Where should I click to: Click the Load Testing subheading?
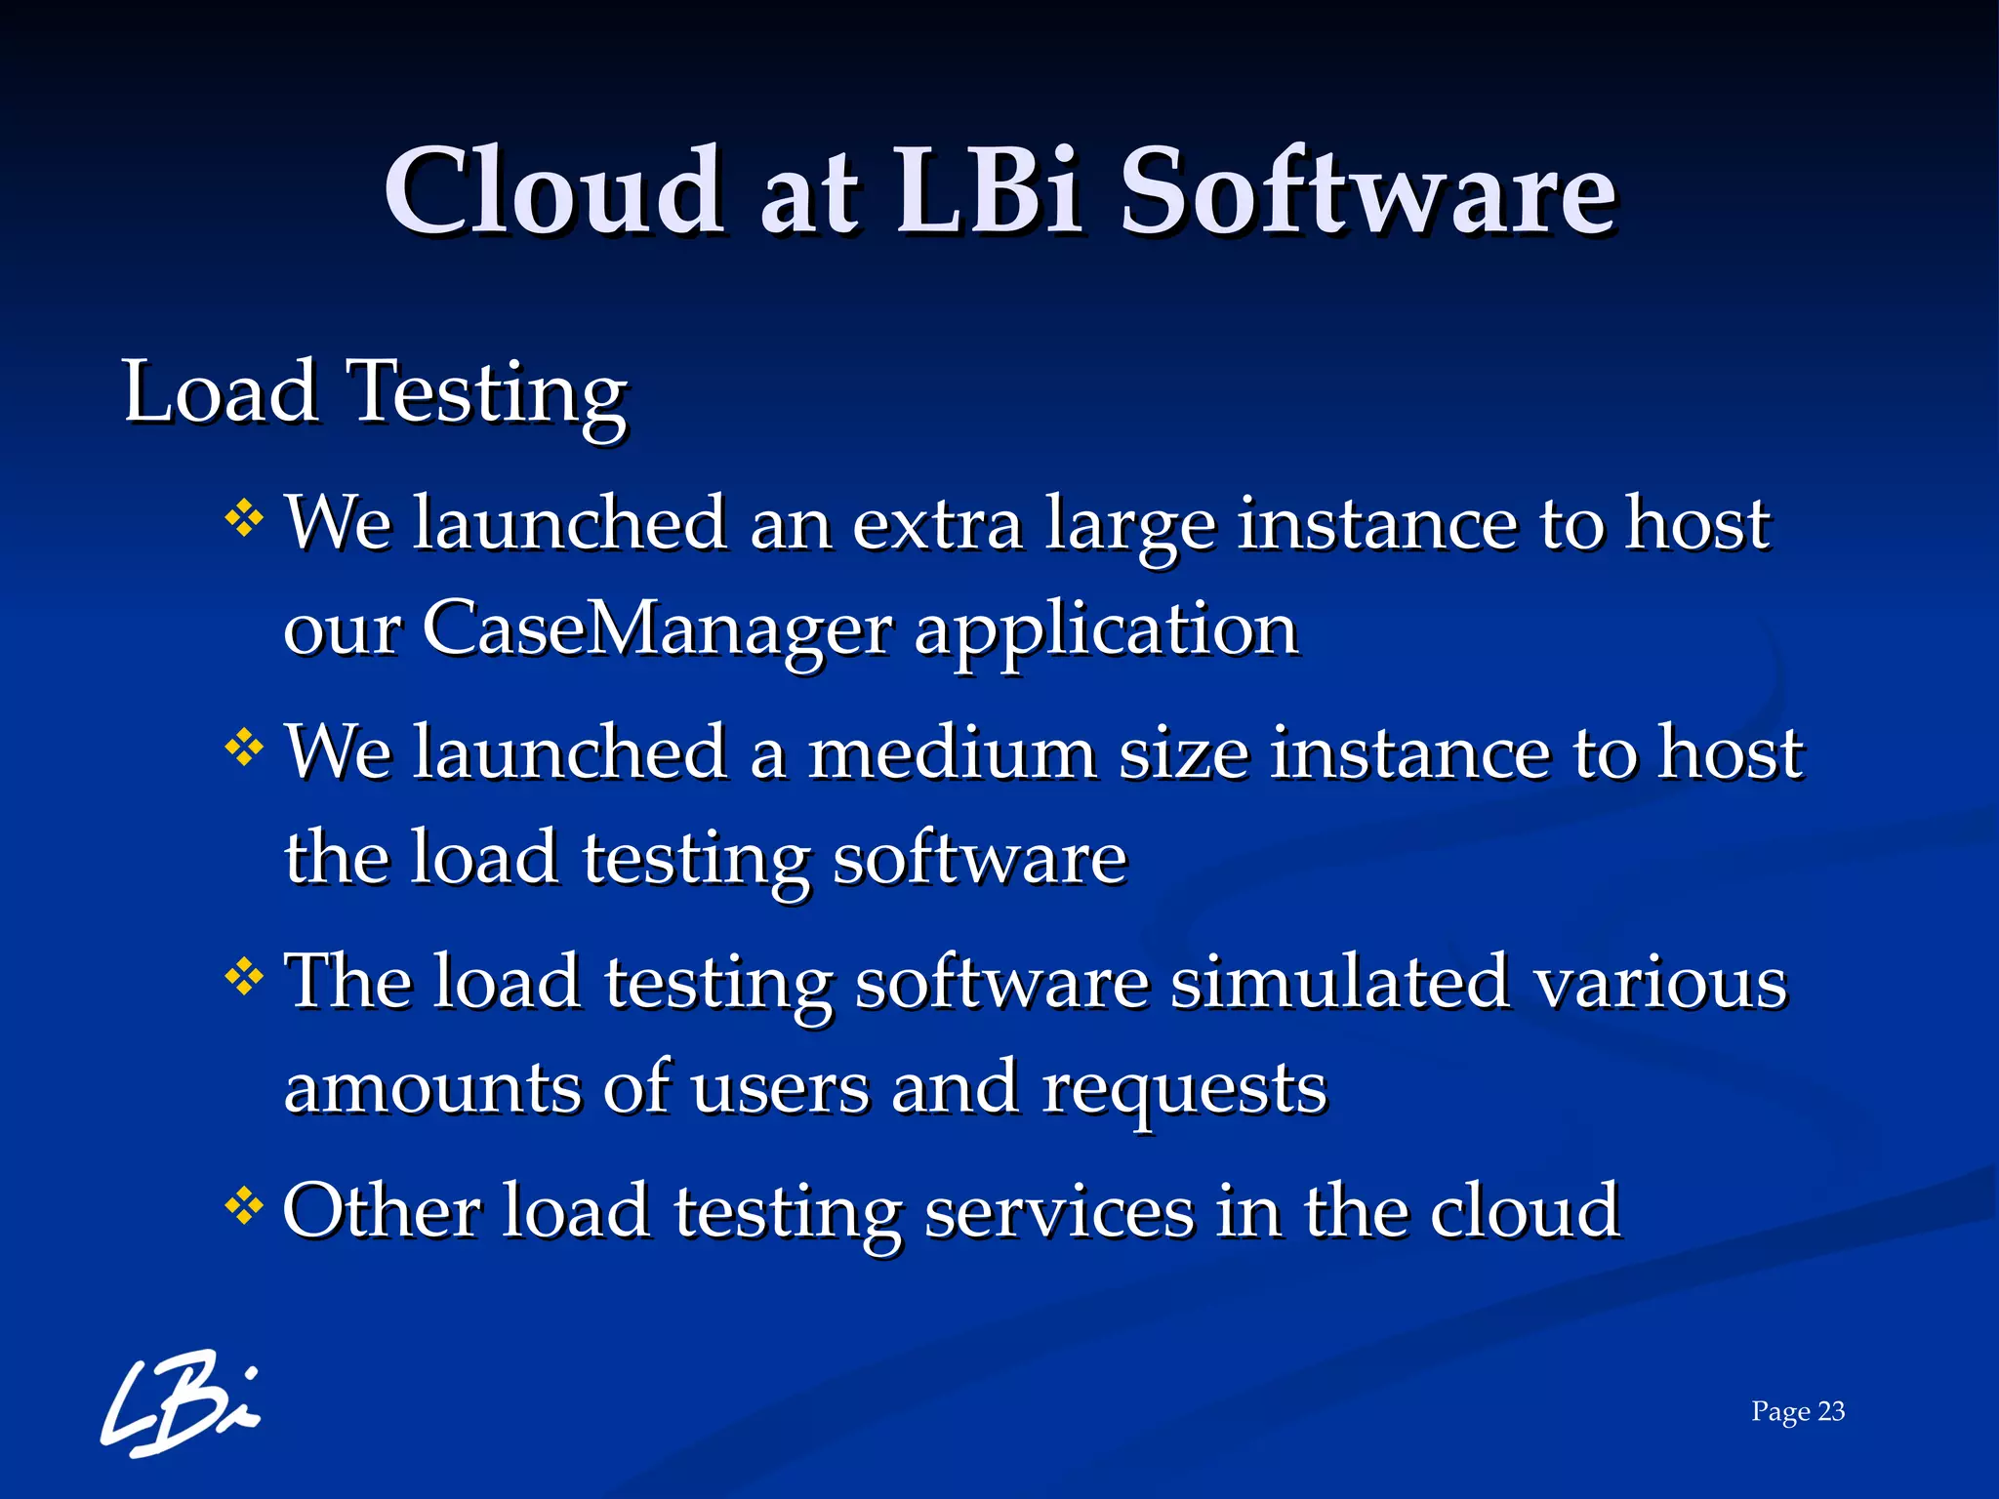[x=375, y=393]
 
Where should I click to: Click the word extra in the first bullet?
[x=937, y=525]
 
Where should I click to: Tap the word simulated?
[x=1339, y=982]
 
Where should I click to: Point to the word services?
[x=1059, y=1211]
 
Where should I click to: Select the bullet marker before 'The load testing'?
[x=244, y=976]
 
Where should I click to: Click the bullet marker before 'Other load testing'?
[x=244, y=1206]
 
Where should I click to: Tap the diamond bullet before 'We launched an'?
[x=244, y=518]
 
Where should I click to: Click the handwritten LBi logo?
[x=181, y=1402]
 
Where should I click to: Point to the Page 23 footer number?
[x=1797, y=1411]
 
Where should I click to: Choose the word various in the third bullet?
[x=1659, y=982]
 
